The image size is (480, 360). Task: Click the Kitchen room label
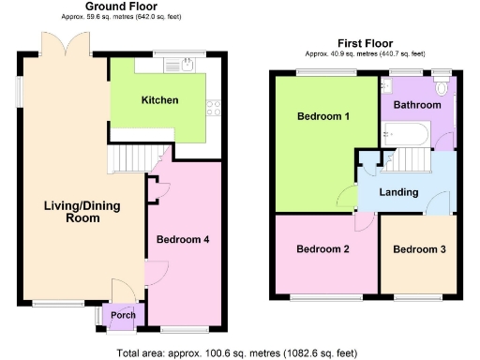(160, 100)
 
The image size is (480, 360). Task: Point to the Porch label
(123, 315)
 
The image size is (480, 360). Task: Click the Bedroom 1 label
(323, 117)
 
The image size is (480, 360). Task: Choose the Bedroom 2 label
(323, 249)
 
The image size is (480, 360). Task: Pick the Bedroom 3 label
(419, 249)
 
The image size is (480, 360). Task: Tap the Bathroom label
(416, 105)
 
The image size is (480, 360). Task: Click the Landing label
(398, 192)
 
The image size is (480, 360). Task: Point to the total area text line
(237, 353)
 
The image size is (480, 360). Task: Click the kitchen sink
(175, 66)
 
